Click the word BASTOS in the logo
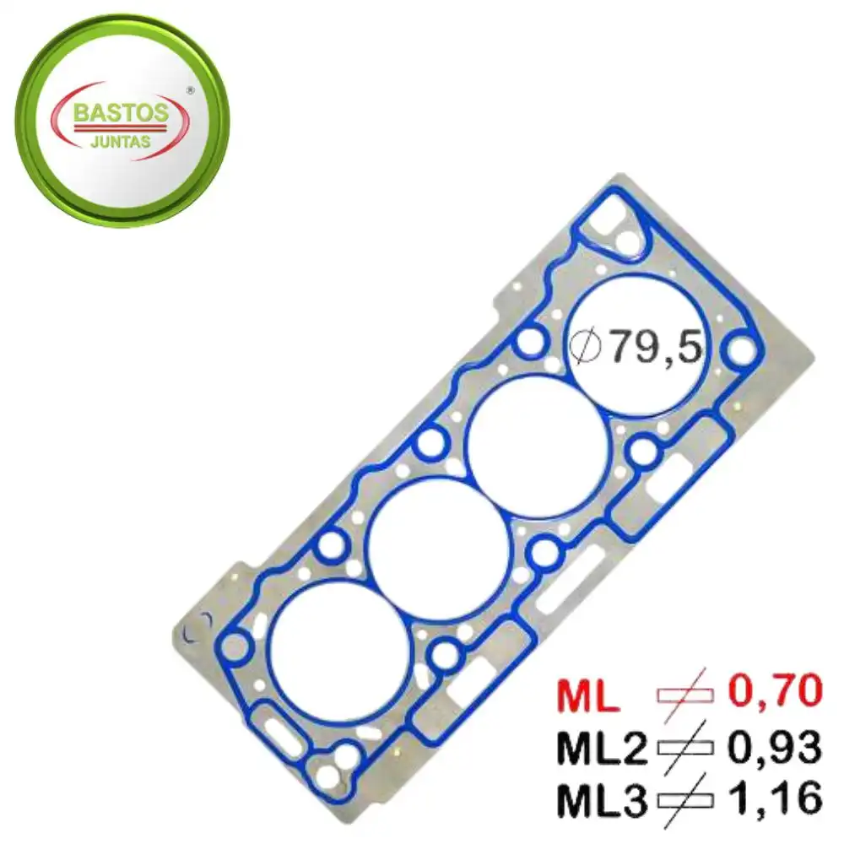(122, 112)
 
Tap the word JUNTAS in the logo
(122, 142)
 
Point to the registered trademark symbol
(190, 89)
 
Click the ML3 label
(600, 798)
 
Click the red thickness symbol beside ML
(684, 695)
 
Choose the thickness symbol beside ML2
(684, 747)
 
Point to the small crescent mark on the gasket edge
(196, 628)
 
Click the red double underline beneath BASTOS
(122, 129)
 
